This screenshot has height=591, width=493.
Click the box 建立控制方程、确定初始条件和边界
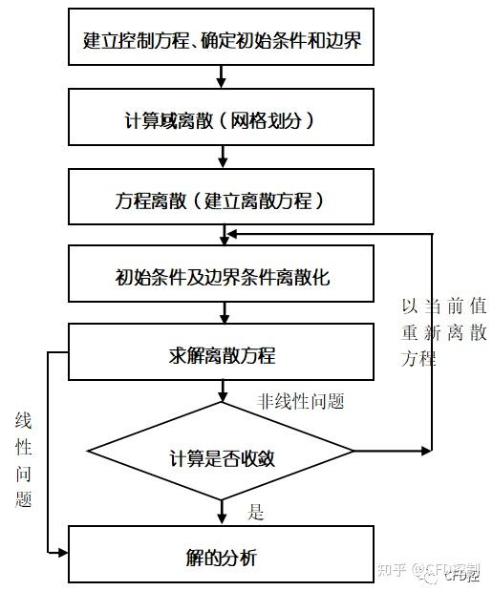[x=222, y=42]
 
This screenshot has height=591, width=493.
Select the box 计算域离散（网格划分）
[x=222, y=122]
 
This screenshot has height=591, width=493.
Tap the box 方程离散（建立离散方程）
[x=222, y=201]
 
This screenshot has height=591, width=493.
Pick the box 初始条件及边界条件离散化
[x=222, y=279]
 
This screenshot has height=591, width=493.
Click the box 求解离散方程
[x=222, y=355]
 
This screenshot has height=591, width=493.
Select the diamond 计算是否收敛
[x=222, y=451]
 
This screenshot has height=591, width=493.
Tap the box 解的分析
[x=222, y=556]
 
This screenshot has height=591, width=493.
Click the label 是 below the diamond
[x=256, y=513]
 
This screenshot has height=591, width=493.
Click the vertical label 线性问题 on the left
[x=24, y=459]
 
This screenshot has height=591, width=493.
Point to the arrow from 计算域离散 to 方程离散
[x=222, y=156]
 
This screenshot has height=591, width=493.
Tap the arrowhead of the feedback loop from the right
[x=230, y=233]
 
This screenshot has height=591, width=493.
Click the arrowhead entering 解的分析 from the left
[x=63, y=552]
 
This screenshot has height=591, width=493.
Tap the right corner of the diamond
[x=353, y=451]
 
